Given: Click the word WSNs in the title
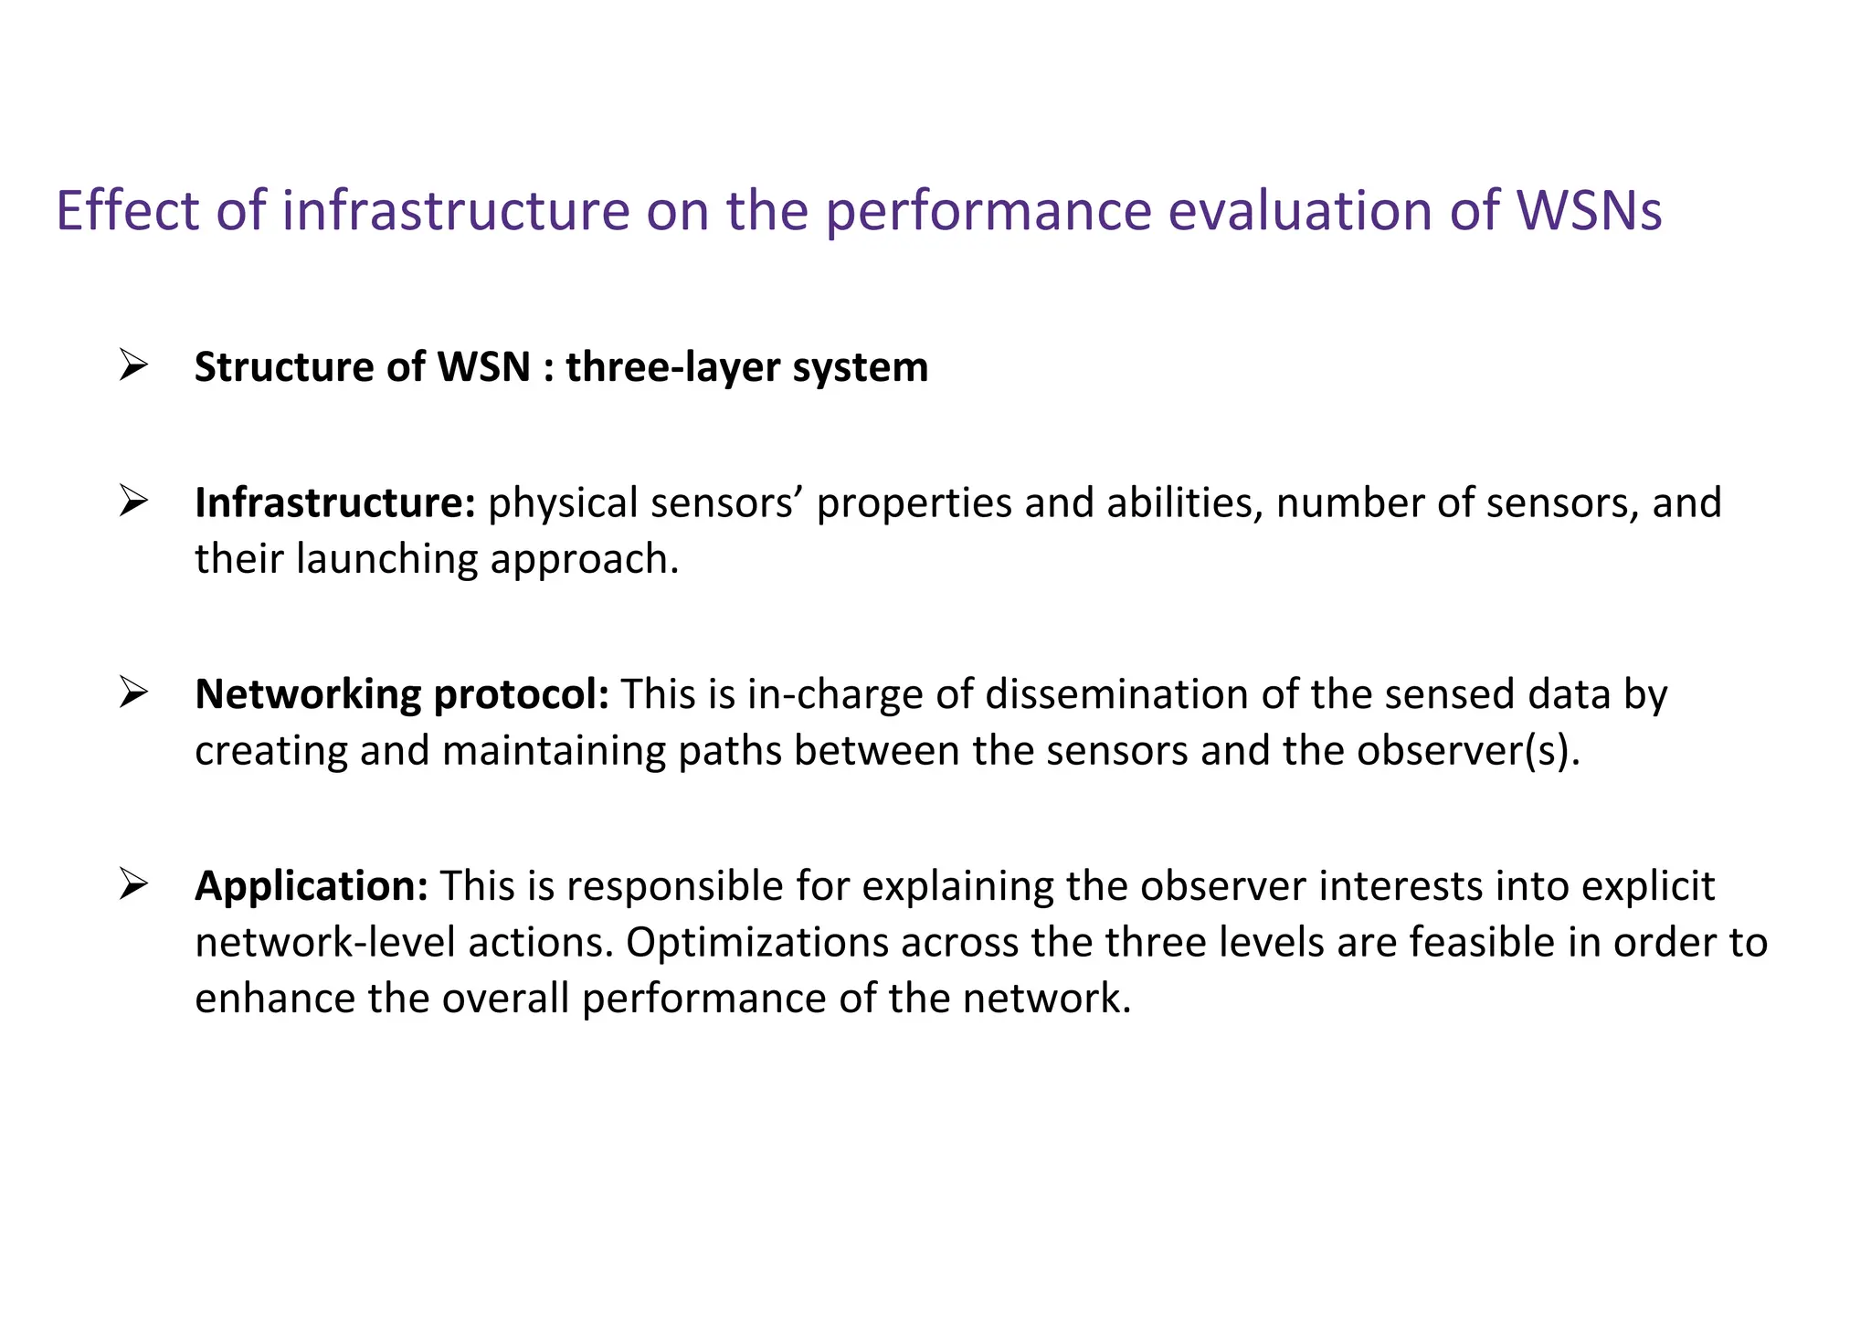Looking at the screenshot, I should pyautogui.click(x=1590, y=211).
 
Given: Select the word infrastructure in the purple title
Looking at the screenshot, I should pyautogui.click(x=456, y=211).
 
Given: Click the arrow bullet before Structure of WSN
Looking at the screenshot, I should pyautogui.click(x=133, y=366).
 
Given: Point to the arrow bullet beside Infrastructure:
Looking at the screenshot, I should pyautogui.click(x=133, y=502).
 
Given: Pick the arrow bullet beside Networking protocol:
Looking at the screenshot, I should pyautogui.click(x=133, y=693).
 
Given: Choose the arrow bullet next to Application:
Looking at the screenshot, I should pyautogui.click(x=133, y=884).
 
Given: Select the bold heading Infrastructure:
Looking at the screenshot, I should pyautogui.click(x=335, y=503).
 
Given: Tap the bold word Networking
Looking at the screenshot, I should pyautogui.click(x=307, y=694).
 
